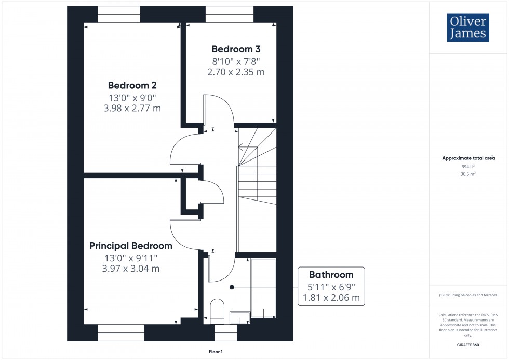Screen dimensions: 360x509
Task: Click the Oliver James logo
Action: [x=467, y=28]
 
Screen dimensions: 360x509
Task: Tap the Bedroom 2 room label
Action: [x=132, y=85]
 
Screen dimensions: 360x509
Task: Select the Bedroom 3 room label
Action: [x=236, y=49]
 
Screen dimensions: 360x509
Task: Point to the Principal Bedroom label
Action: [x=130, y=246]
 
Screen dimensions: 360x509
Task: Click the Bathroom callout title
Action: [x=331, y=275]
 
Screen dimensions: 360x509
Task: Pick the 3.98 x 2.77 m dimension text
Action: [x=132, y=108]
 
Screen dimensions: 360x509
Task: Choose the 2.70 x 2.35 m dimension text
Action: [x=236, y=72]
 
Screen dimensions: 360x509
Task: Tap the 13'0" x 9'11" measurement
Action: [x=130, y=258]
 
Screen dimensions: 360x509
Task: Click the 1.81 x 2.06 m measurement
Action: [x=331, y=298]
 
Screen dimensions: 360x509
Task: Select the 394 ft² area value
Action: [x=468, y=166]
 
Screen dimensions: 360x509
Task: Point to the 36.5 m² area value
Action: [x=468, y=174]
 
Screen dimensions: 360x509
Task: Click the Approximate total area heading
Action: [x=468, y=158]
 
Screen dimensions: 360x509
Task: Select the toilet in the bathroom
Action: [x=216, y=310]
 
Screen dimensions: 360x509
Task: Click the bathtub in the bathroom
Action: [x=263, y=287]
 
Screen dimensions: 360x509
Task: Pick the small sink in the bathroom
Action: [x=239, y=316]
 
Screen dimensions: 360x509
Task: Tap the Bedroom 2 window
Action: [x=119, y=14]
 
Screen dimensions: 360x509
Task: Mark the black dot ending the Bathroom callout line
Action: [x=232, y=287]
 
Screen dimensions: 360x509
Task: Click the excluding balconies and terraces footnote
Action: [x=468, y=295]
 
